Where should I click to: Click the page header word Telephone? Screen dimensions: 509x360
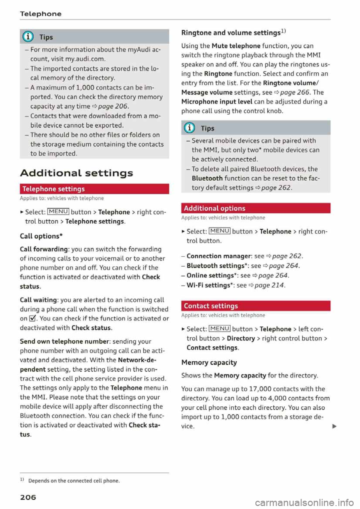40,14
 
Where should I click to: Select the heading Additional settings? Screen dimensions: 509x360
76,173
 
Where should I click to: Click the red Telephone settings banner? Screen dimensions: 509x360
94,189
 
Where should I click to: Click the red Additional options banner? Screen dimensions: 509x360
255,208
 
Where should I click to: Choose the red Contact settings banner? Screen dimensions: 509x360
255,306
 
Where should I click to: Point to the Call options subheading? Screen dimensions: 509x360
41,236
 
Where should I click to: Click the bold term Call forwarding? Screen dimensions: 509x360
44,249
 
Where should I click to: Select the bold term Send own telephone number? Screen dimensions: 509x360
64,341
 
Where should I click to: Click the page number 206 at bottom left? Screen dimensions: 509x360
28,497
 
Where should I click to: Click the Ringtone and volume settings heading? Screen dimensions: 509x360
233,33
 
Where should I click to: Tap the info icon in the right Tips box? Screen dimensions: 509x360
190,128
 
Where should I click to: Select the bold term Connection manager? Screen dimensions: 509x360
219,256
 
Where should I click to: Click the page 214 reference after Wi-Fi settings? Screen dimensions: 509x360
269,286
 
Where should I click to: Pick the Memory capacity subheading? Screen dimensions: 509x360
209,362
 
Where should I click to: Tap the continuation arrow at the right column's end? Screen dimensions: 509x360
334,426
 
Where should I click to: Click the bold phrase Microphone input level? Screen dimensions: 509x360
217,102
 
